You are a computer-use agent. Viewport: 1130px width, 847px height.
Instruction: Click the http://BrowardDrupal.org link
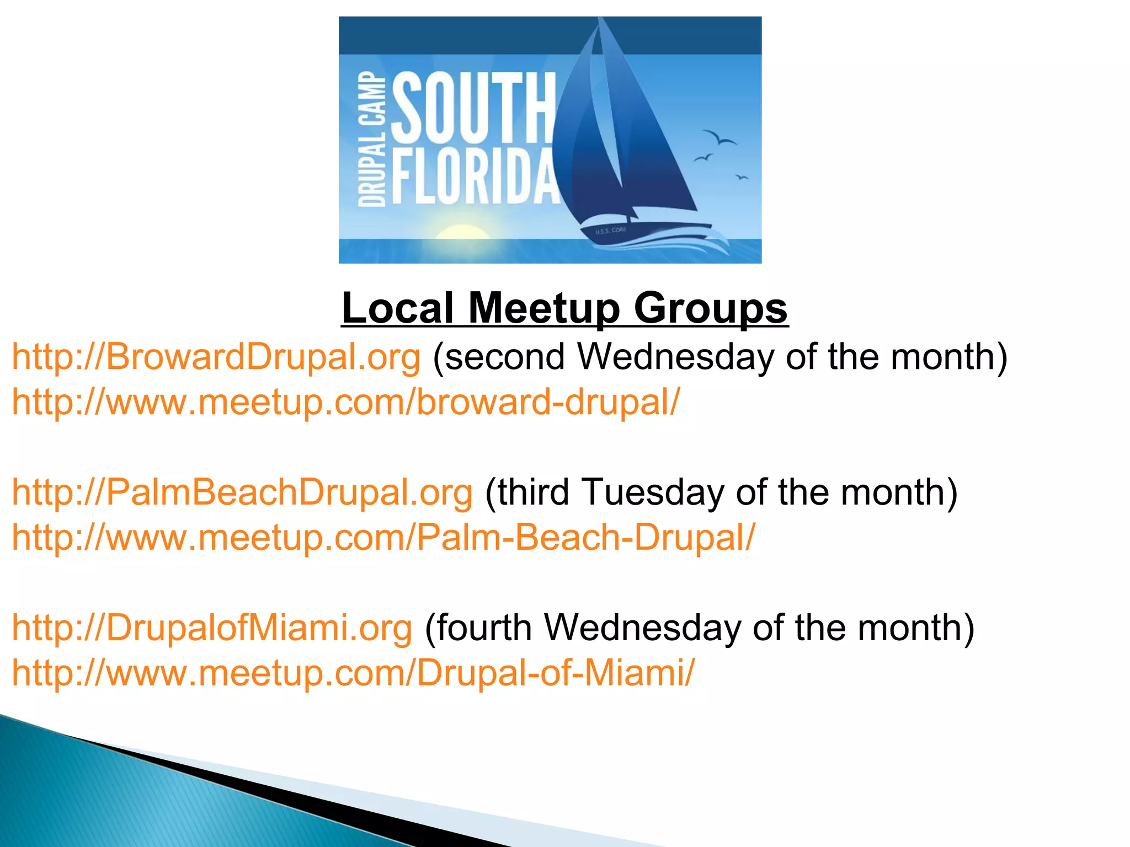click(216, 357)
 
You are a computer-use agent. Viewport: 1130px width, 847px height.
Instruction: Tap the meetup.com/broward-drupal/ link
click(346, 401)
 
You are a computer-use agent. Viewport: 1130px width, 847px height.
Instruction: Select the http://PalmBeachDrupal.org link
click(242, 492)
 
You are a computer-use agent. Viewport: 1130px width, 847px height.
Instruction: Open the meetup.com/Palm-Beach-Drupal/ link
click(383, 537)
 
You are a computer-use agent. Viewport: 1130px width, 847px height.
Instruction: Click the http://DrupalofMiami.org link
click(212, 628)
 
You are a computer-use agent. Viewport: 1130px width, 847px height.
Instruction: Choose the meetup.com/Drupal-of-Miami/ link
click(353, 673)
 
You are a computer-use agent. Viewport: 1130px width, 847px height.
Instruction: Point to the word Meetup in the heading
click(544, 309)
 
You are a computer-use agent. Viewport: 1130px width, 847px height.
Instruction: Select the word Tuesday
click(653, 492)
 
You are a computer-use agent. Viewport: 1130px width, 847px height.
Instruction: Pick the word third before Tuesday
click(534, 492)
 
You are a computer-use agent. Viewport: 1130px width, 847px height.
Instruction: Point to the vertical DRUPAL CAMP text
click(371, 139)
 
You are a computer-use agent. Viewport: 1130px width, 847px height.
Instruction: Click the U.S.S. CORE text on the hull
click(611, 230)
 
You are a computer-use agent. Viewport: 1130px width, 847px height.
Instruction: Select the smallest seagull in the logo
click(742, 177)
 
